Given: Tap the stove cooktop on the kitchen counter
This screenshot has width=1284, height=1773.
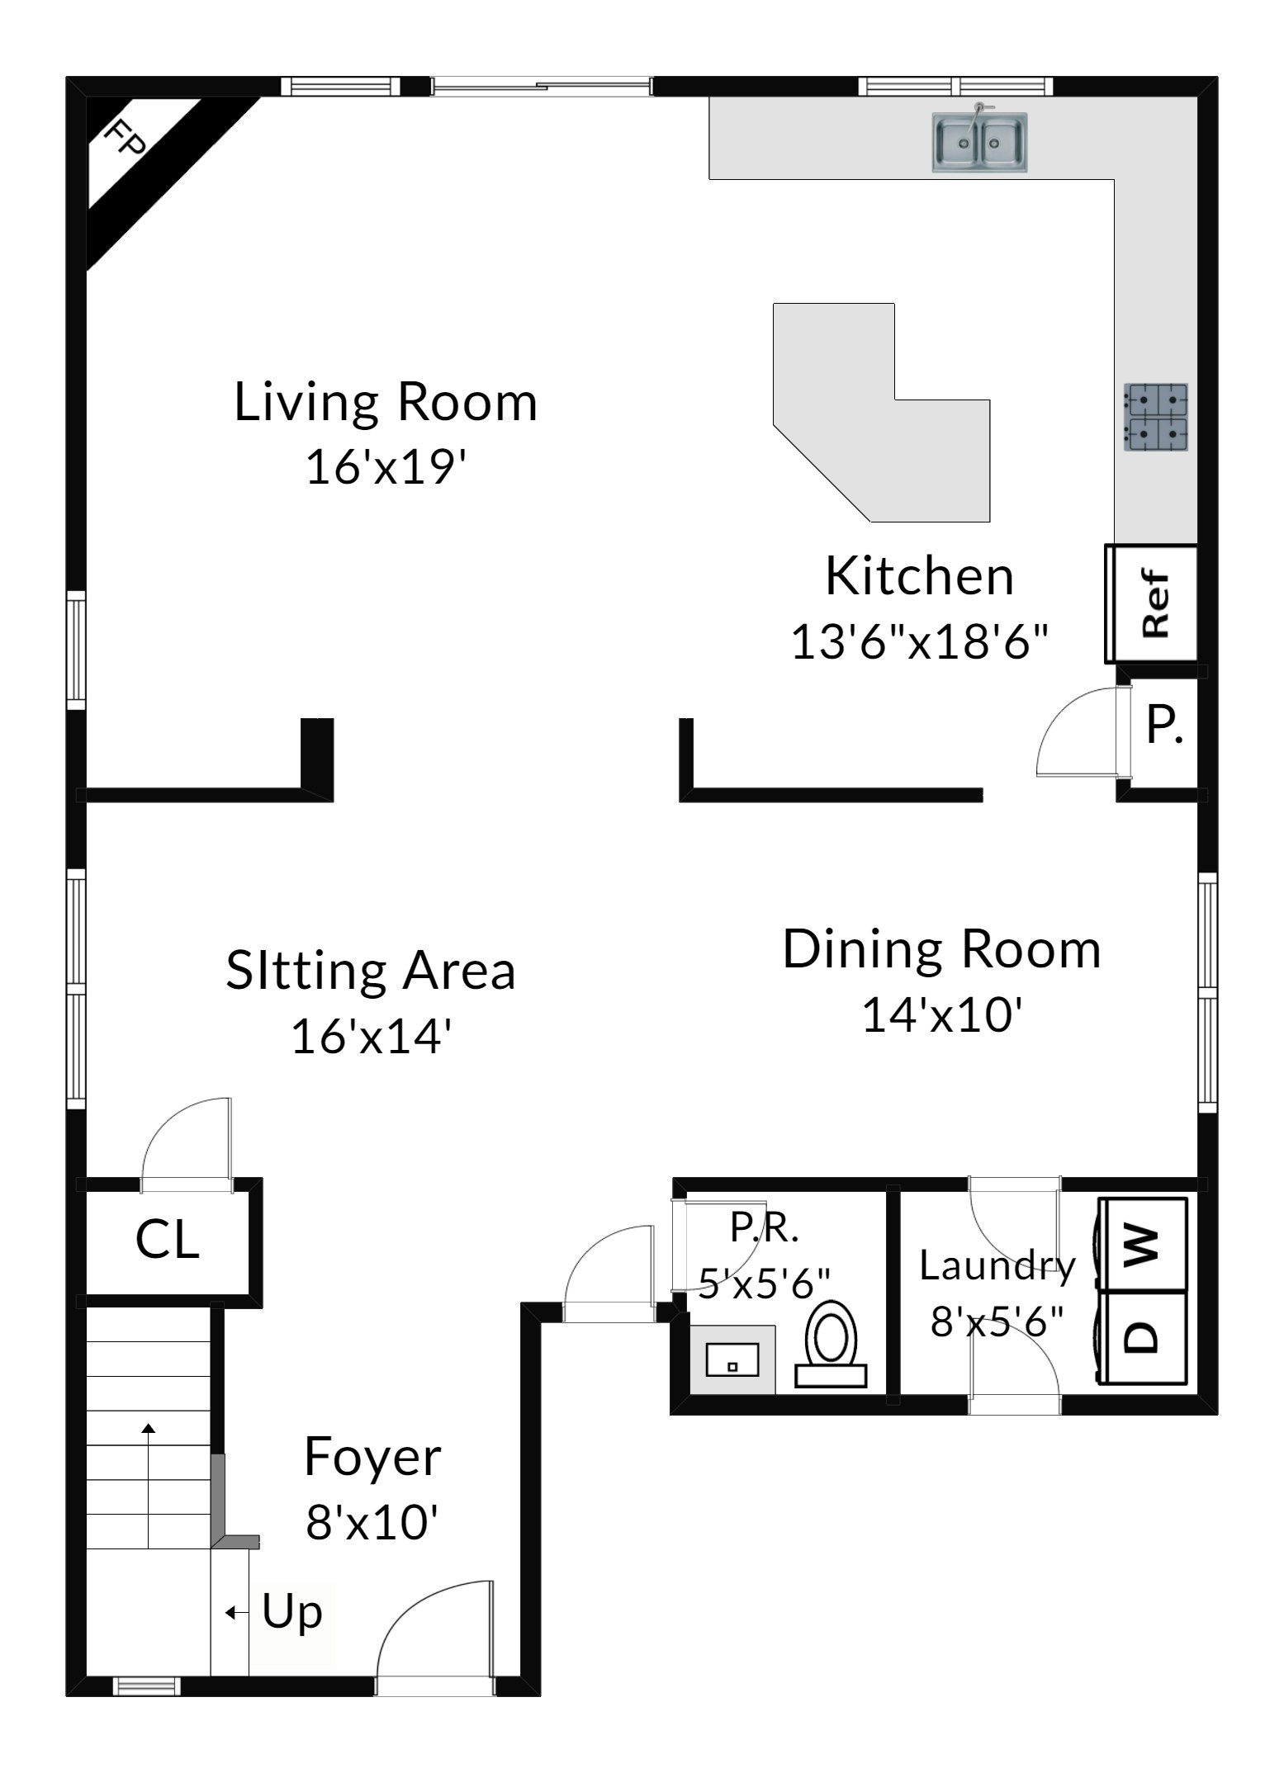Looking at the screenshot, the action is click(1155, 417).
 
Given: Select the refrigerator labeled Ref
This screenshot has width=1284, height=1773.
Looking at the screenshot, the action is click(1151, 603).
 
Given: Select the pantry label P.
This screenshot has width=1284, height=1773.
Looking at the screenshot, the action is click(1164, 726).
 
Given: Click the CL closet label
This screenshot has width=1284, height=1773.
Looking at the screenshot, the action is click(168, 1240).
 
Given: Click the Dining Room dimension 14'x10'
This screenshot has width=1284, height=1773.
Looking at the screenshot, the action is click(943, 1014).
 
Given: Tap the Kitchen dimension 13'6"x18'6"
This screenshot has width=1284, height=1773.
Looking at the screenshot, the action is click(920, 641).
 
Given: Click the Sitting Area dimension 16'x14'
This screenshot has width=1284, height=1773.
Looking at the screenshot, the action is click(372, 1036).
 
